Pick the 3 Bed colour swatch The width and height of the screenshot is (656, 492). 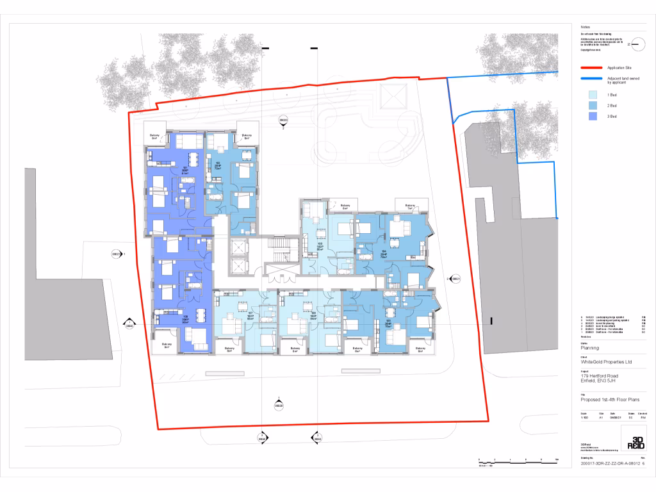pos(593,116)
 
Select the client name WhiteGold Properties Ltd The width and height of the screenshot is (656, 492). pos(606,362)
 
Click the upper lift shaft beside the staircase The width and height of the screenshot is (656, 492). pos(238,246)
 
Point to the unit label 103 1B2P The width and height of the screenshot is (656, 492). pos(319,246)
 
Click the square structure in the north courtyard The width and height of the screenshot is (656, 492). pos(392,96)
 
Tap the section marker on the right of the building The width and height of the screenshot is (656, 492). pos(455,279)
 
